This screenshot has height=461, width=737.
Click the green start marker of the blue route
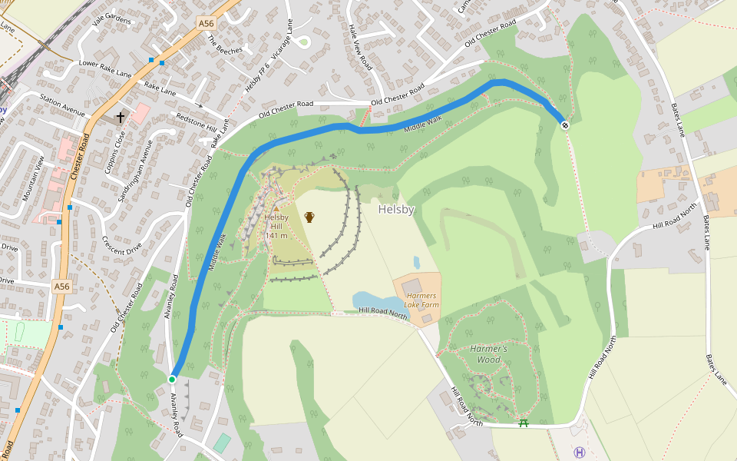click(172, 380)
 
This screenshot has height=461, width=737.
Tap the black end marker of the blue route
click(565, 125)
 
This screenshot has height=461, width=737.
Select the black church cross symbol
click(120, 118)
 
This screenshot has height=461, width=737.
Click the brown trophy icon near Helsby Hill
click(309, 217)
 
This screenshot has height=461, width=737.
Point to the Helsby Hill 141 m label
click(276, 226)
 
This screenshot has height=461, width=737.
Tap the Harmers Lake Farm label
click(421, 300)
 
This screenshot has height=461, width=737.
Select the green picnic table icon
click(524, 423)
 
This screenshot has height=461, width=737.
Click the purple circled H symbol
click(580, 453)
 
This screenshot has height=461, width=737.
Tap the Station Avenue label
click(62, 105)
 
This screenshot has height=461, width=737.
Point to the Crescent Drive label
click(121, 247)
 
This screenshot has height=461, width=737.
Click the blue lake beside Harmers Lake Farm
click(372, 299)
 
